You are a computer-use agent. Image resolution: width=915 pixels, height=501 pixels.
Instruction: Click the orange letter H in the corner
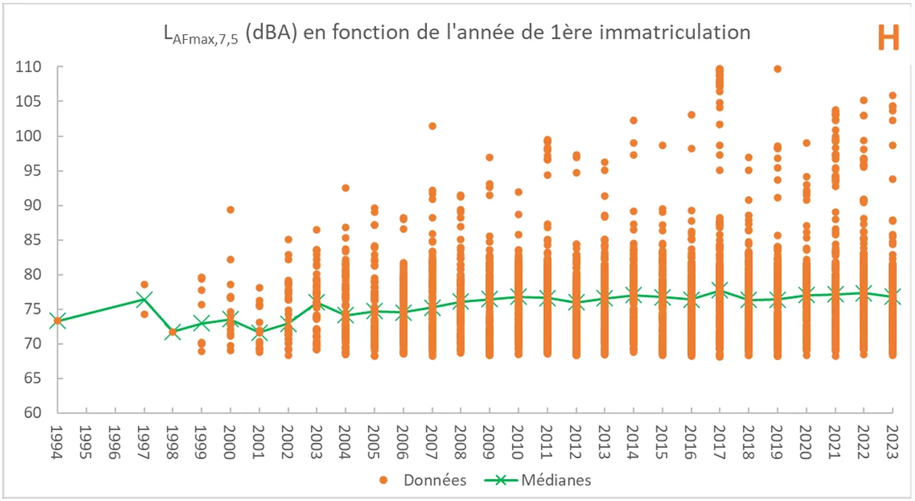click(x=887, y=37)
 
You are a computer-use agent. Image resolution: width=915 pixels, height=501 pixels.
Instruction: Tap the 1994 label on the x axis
click(x=57, y=441)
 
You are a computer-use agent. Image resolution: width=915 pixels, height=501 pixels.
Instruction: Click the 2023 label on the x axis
click(x=892, y=441)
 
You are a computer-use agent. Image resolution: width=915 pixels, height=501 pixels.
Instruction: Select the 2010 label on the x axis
click(x=518, y=441)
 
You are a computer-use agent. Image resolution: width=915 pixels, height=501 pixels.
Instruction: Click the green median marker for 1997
click(x=144, y=299)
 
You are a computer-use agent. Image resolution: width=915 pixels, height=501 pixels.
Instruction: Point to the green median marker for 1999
click(x=202, y=323)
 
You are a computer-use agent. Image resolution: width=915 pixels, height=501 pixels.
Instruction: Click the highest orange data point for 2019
click(x=777, y=69)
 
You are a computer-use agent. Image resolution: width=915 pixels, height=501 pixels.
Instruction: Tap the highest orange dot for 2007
click(x=432, y=126)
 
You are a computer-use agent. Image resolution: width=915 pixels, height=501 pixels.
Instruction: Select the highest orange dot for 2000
click(x=230, y=210)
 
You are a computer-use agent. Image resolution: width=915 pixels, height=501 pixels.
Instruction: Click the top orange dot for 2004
click(x=346, y=188)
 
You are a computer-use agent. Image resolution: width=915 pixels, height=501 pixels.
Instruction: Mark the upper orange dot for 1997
click(x=145, y=285)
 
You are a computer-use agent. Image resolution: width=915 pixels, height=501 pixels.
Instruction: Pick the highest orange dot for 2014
click(x=633, y=121)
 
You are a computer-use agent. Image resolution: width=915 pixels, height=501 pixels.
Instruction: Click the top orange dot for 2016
click(x=691, y=115)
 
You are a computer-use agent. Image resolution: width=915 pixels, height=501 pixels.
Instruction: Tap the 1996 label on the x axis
click(x=115, y=441)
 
